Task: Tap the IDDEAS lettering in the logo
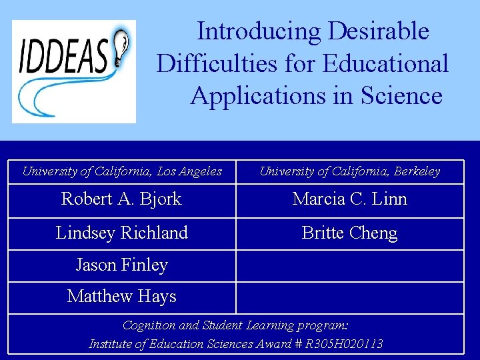64,58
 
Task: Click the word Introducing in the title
259,31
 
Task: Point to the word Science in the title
401,96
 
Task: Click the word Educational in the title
385,64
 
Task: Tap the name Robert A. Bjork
121,199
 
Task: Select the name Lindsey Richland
121,233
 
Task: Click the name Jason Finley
121,265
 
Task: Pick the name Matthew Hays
121,296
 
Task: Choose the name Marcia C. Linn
349,199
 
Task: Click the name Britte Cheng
349,233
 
